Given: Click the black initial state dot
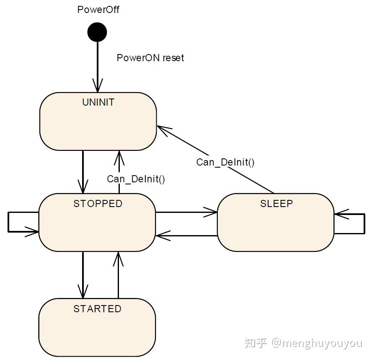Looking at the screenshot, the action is [97, 32].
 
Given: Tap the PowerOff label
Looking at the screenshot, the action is [98, 10].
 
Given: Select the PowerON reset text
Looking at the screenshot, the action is [150, 58].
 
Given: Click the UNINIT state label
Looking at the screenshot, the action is [98, 102].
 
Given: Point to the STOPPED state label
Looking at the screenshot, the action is [98, 204].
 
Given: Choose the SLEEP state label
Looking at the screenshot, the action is [276, 204].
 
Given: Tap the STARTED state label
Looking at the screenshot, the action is [97, 309].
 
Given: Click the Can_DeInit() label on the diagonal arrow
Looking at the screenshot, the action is [225, 162].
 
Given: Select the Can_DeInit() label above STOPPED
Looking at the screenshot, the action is [136, 179].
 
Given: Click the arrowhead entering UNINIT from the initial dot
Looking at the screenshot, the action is [98, 85].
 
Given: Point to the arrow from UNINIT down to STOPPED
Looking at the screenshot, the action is [83, 172].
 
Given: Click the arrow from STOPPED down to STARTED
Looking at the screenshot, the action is [83, 275].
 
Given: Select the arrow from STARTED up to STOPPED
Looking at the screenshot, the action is [118, 275].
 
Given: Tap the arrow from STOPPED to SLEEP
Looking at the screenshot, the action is [186, 212].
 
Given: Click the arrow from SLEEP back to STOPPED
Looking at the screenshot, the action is [186, 236].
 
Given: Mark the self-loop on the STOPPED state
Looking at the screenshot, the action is [8, 222].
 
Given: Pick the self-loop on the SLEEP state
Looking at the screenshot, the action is [364, 224].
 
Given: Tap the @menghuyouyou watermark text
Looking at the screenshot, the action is [317, 343].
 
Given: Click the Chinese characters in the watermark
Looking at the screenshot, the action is [256, 343].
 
